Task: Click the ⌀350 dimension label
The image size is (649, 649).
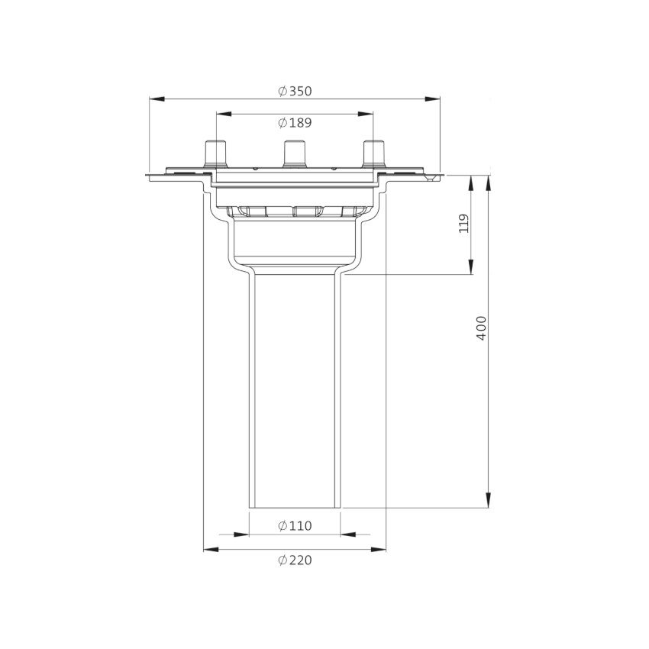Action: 295,91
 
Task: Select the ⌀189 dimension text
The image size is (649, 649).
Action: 295,123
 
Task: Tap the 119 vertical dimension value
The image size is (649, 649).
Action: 464,224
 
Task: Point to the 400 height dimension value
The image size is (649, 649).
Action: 481,328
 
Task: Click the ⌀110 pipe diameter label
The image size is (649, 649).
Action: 295,526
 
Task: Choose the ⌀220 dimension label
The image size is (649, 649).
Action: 295,560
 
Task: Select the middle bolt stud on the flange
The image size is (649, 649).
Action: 294,154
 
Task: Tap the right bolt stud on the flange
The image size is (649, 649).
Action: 374,155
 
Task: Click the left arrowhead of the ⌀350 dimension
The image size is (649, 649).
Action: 157,99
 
